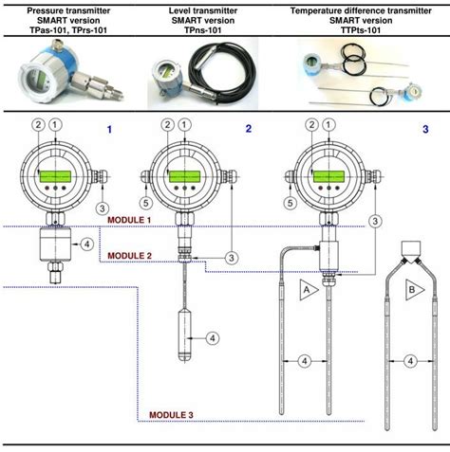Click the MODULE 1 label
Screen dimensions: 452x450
point(129,219)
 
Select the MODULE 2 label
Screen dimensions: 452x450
point(129,256)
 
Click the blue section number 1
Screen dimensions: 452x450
point(109,128)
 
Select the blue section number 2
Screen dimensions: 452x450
point(249,128)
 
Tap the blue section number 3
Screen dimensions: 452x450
point(425,128)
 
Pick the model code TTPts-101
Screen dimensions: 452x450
point(351,30)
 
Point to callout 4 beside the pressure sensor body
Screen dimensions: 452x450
point(88,244)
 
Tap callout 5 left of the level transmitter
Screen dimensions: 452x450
point(145,202)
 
